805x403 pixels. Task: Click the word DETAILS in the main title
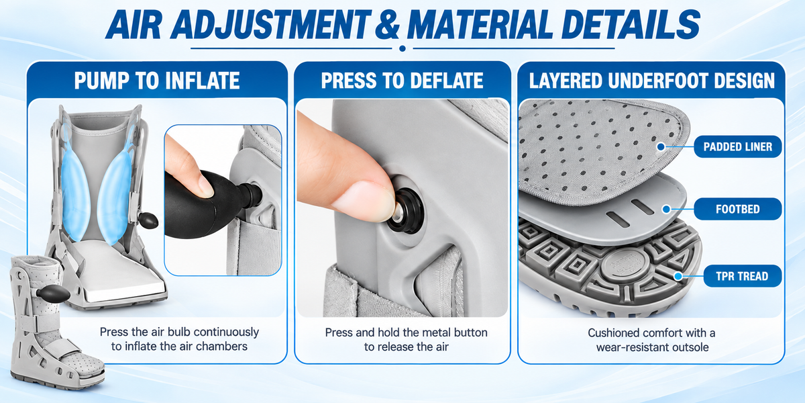click(631, 24)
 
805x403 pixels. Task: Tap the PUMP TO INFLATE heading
click(157, 80)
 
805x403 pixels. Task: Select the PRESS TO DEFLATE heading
click(402, 80)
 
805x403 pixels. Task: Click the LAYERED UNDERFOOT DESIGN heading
click(651, 80)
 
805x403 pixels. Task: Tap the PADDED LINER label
click(738, 147)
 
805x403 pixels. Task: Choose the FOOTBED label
click(738, 209)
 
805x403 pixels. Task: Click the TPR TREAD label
click(742, 276)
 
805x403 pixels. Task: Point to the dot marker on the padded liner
click(661, 147)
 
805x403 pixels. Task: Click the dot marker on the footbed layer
click(666, 209)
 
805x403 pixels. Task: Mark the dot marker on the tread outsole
click(678, 276)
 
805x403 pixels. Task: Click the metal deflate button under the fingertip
click(398, 213)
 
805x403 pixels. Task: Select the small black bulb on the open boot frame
click(148, 220)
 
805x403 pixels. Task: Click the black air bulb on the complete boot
click(53, 294)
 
